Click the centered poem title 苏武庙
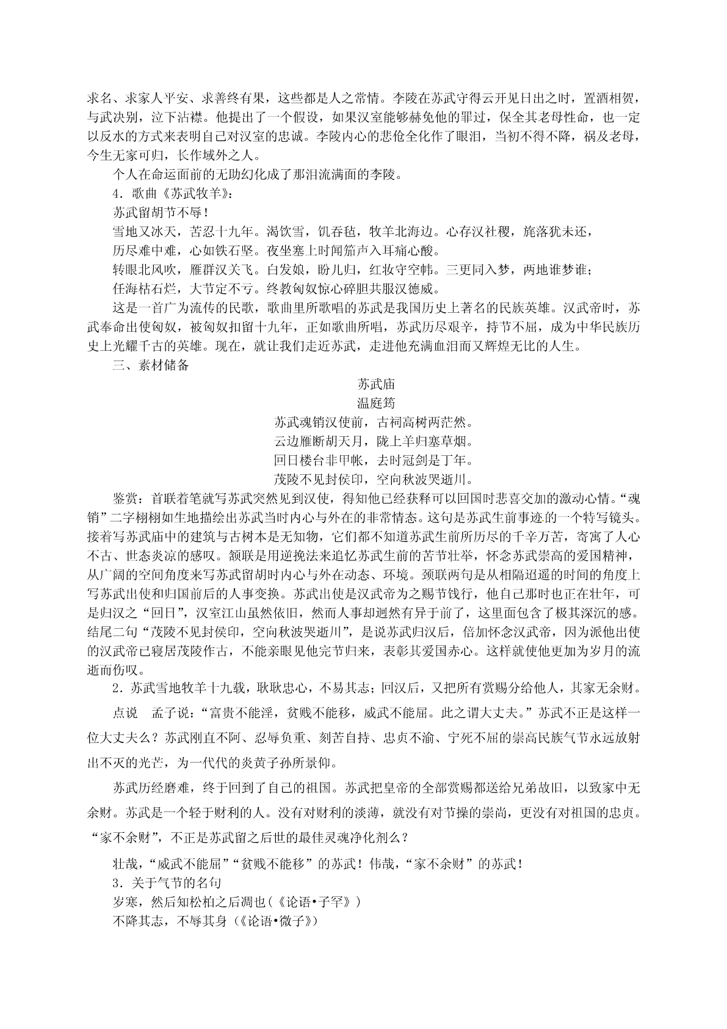(376, 384)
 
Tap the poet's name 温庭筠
(376, 403)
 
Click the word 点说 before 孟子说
(126, 713)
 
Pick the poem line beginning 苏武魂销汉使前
(376, 422)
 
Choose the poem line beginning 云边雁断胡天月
(376, 441)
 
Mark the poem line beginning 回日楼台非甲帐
(376, 460)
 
